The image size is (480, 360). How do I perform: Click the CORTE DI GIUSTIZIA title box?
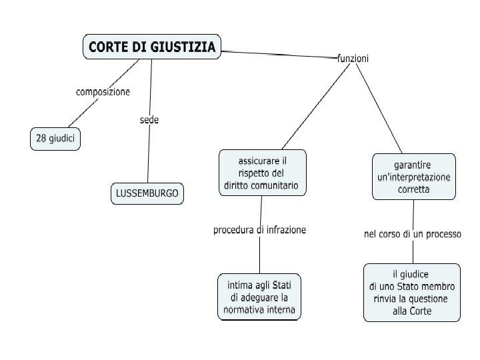tap(152, 47)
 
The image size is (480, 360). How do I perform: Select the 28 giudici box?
tap(55, 139)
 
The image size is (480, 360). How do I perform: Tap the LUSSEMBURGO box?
tap(147, 193)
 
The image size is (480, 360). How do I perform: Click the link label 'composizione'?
tap(103, 91)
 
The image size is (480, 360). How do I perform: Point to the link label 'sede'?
tap(149, 120)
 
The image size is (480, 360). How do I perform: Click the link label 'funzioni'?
tap(353, 59)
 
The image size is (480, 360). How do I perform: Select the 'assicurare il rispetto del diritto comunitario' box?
tap(262, 173)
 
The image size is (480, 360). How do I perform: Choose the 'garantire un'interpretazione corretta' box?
tap(414, 177)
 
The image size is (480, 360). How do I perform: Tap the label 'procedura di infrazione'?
tap(259, 230)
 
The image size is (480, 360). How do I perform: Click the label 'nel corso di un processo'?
tap(412, 234)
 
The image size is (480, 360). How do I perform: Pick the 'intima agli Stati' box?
tap(259, 297)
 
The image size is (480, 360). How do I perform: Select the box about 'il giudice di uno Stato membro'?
tap(411, 292)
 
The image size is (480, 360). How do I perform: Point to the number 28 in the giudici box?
tap(41, 139)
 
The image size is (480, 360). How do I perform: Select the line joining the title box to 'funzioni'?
tap(280, 55)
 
